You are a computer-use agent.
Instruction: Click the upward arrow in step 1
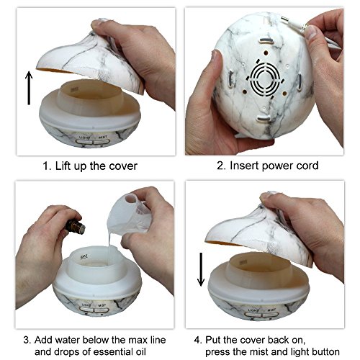29,88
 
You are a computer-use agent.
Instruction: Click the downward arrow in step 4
201,269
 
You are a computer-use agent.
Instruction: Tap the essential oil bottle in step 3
75,226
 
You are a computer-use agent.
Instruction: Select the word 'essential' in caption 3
110,352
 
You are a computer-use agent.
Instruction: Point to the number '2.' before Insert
221,166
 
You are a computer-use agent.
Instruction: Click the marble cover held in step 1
91,59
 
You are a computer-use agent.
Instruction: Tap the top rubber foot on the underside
266,40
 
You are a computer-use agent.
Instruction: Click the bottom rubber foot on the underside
264,118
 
